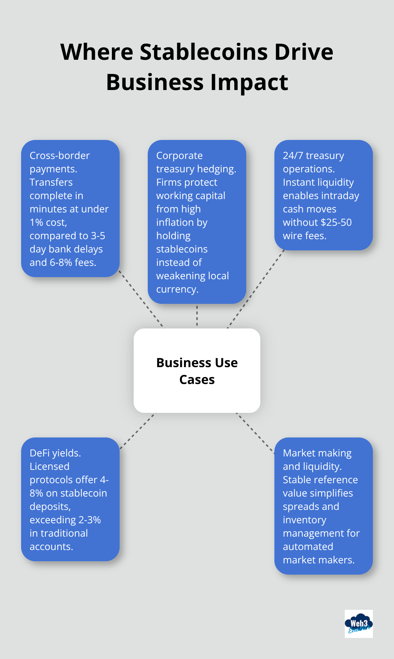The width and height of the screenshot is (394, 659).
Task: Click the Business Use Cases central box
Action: click(197, 371)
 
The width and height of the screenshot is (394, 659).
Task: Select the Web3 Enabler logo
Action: click(358, 624)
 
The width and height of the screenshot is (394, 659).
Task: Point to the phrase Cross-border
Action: click(59, 155)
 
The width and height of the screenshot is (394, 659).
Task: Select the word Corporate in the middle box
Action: click(179, 155)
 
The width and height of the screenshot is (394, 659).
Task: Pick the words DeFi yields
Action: click(55, 453)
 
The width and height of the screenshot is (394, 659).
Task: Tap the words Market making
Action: click(317, 453)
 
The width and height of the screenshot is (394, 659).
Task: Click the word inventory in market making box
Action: click(304, 520)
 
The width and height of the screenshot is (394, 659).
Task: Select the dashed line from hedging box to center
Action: click(197, 316)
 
